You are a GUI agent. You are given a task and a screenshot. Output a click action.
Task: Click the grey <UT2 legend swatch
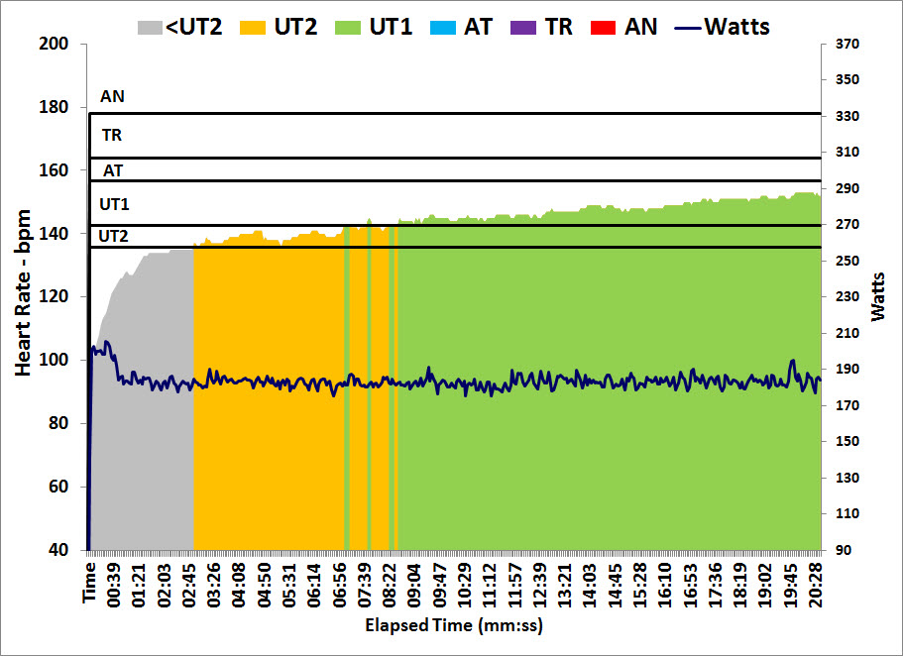pyautogui.click(x=151, y=27)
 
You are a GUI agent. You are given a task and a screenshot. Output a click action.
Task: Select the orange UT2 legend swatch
pyautogui.click(x=252, y=27)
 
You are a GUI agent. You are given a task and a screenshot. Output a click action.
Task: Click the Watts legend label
pyautogui.click(x=736, y=27)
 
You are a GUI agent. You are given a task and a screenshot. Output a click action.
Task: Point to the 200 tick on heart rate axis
pyautogui.click(x=56, y=44)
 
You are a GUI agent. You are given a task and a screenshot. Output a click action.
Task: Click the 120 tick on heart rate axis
pyautogui.click(x=56, y=297)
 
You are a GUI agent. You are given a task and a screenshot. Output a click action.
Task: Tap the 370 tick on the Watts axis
pyautogui.click(x=848, y=44)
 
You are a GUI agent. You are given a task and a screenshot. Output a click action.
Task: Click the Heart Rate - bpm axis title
pyautogui.click(x=23, y=293)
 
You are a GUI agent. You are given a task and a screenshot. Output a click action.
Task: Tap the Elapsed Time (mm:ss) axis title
pyautogui.click(x=454, y=626)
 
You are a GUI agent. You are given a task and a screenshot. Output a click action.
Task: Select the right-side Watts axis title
pyautogui.click(x=879, y=295)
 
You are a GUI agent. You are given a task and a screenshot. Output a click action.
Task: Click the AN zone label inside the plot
pyautogui.click(x=113, y=97)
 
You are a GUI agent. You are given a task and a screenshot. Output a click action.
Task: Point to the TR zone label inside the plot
pyautogui.click(x=112, y=135)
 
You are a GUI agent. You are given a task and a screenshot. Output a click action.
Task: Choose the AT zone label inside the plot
pyautogui.click(x=113, y=170)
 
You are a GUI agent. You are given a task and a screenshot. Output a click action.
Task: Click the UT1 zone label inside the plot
pyautogui.click(x=114, y=204)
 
